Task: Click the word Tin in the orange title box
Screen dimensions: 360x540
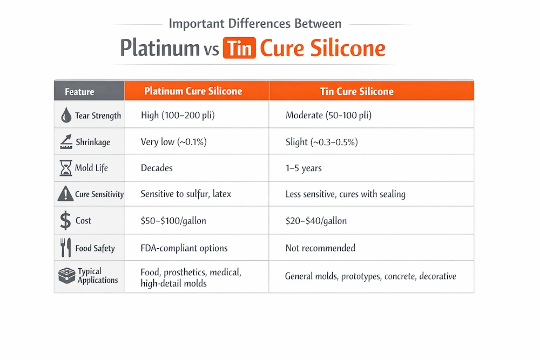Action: tap(238, 49)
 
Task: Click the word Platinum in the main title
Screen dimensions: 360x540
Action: tap(159, 49)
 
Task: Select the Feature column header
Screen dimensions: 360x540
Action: tap(79, 92)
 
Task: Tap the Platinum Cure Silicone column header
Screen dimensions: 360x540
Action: tap(193, 91)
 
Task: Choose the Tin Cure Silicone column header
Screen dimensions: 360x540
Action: tap(357, 91)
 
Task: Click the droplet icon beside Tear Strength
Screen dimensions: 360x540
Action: tap(66, 116)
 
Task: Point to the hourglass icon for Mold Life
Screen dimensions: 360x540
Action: tap(65, 168)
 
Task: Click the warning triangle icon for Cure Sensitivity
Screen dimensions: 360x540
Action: tap(65, 194)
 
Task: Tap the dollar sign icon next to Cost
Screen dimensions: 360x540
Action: tap(65, 221)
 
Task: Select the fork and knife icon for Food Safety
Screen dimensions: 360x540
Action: tap(65, 248)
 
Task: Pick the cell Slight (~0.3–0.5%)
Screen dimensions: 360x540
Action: tap(321, 142)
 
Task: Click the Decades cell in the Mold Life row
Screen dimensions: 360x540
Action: tap(157, 168)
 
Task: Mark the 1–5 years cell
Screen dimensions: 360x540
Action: tap(303, 168)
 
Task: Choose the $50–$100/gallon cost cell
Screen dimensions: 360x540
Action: tap(173, 220)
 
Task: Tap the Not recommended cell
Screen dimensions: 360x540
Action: tap(320, 248)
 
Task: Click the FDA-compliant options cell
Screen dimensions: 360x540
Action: tap(184, 248)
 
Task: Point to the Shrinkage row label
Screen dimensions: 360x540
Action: tap(92, 142)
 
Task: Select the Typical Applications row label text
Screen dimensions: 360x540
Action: tap(97, 276)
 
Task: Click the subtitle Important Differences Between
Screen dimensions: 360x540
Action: tap(255, 24)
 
